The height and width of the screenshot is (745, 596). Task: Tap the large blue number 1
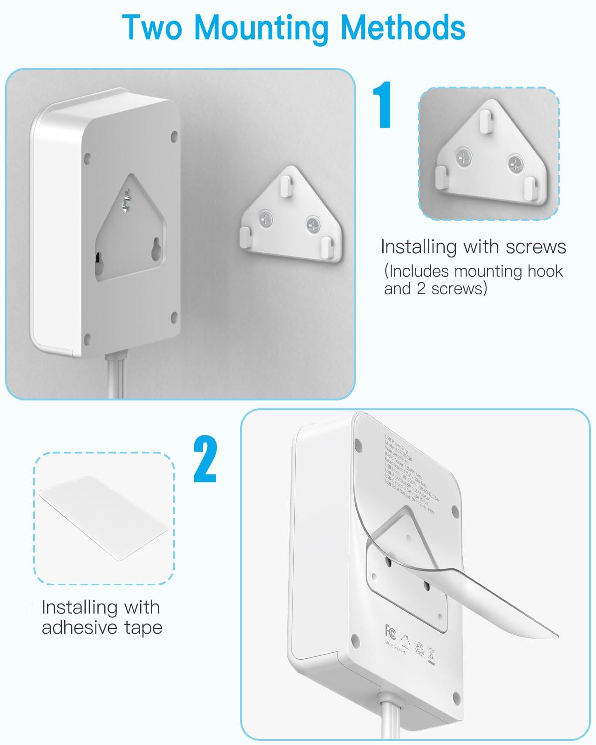tap(383, 105)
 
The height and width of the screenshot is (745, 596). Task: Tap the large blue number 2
tap(205, 460)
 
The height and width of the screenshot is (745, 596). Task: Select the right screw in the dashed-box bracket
tap(515, 163)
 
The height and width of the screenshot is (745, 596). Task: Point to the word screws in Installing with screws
tap(535, 247)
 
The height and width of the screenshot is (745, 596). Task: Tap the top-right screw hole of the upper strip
tap(174, 136)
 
